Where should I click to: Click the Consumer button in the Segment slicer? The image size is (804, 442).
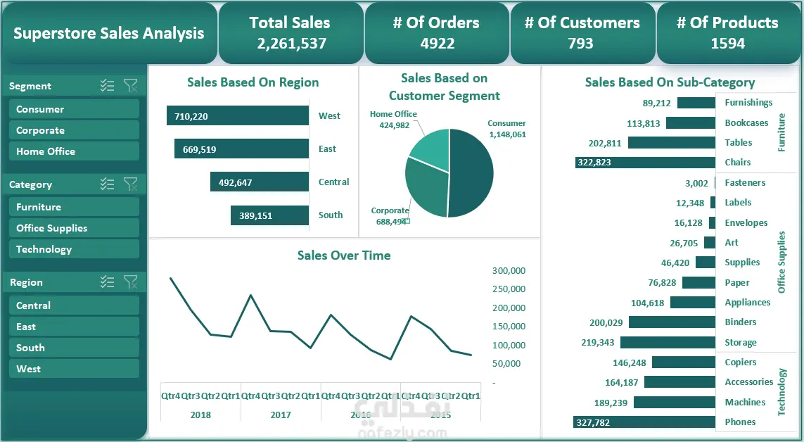(74, 109)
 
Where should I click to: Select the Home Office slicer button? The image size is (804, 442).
(74, 151)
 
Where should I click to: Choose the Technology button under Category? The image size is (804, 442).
(74, 249)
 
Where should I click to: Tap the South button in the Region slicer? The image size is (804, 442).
(74, 348)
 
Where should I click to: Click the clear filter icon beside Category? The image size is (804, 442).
(130, 184)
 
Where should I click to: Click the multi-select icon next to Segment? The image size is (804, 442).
(107, 86)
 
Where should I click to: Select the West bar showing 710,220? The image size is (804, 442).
(238, 116)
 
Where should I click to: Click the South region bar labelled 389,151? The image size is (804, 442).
(269, 215)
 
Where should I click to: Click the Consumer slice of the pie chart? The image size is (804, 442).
(473, 172)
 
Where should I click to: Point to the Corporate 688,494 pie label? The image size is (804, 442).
(390, 216)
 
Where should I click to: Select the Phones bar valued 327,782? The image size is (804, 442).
(644, 422)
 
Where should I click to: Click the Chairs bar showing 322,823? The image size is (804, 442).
(645, 163)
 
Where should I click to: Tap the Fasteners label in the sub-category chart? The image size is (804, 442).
(745, 183)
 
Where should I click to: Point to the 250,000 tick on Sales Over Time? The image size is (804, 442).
(509, 289)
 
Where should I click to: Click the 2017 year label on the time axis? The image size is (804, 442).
(281, 415)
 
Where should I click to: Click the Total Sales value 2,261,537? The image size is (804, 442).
(291, 44)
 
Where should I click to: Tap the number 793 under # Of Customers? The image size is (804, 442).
(581, 44)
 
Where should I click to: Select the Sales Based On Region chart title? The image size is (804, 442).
(253, 82)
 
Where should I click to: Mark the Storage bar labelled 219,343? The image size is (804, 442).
(668, 343)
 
